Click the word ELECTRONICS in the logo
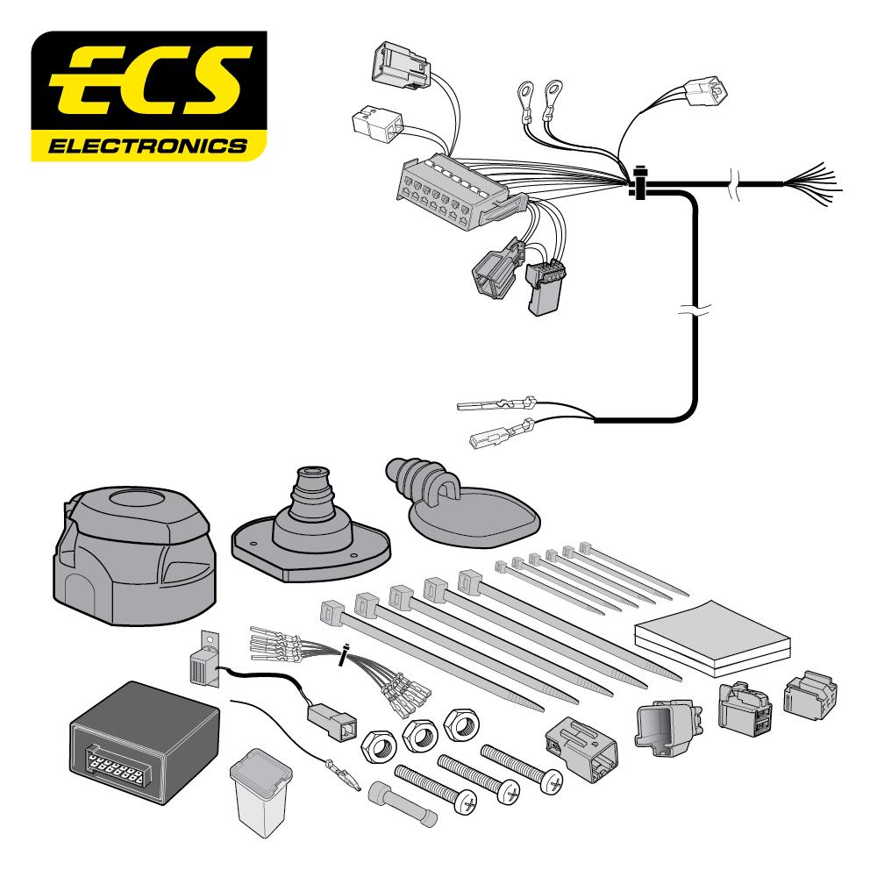click(x=146, y=144)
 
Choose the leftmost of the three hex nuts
click(x=378, y=746)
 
